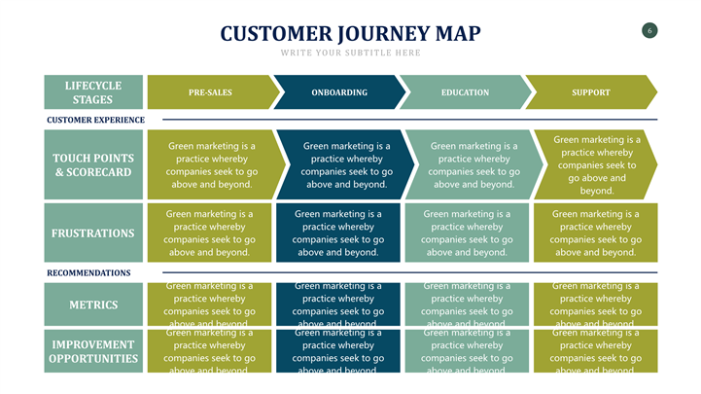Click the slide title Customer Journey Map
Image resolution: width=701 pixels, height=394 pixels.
pos(350,34)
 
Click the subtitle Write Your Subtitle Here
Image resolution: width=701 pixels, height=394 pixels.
pos(350,53)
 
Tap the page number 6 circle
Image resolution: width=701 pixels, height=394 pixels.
pos(649,30)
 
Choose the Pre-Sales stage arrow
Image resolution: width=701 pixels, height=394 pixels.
pos(210,92)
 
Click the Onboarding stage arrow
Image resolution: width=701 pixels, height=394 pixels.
pos(339,92)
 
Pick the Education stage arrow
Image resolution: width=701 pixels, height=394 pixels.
pos(465,92)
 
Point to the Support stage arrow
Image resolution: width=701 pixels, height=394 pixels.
pos(591,92)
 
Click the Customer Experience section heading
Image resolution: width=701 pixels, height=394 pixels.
pos(95,120)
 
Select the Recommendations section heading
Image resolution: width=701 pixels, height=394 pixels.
pos(88,273)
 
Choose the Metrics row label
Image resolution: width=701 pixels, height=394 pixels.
pos(94,304)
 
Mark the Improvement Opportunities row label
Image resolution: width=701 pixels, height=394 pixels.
pos(94,351)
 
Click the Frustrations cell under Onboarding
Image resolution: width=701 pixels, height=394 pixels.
pos(338,233)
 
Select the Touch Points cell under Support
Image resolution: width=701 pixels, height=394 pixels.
pos(596,164)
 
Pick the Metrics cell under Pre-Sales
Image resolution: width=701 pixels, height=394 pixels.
pos(209,304)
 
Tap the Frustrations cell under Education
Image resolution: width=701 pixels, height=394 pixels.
pos(467,233)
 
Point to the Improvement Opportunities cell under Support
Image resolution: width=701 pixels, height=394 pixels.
pos(596,351)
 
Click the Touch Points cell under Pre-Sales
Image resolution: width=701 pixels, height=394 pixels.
pos(211,165)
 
